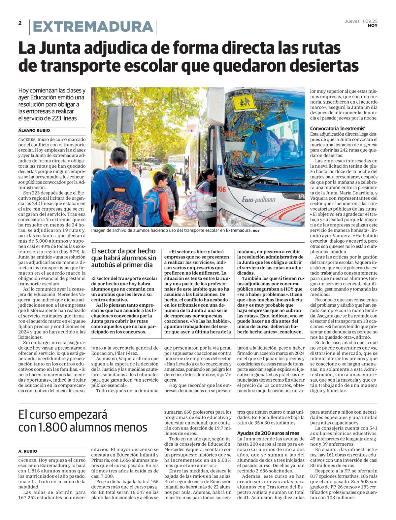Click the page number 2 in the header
tap(20, 23)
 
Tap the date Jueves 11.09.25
tap(361, 21)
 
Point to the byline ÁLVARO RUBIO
tap(34, 130)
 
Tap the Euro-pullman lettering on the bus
tap(258, 199)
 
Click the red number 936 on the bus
tap(221, 189)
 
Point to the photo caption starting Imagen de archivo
tap(172, 230)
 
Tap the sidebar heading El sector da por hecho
tap(123, 258)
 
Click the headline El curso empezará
tap(63, 414)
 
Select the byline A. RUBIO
tap(28, 451)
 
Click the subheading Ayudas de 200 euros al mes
tap(268, 433)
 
